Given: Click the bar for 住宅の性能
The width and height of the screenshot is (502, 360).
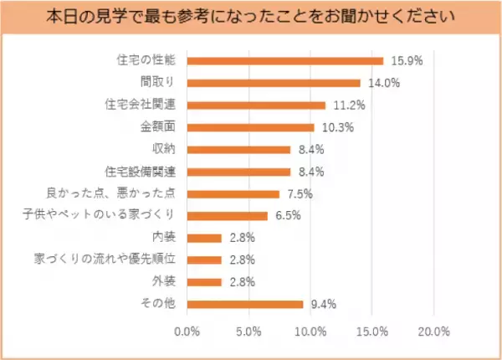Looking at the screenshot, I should [x=284, y=61].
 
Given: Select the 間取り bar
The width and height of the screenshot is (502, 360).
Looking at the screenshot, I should [x=273, y=83].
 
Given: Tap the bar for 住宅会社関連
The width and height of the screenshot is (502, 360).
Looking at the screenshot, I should [x=255, y=105].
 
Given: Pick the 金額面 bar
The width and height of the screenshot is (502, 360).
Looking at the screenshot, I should [x=250, y=127].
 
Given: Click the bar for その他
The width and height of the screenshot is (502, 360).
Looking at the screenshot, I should [x=244, y=304].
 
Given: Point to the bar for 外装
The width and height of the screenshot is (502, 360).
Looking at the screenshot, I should [x=204, y=282].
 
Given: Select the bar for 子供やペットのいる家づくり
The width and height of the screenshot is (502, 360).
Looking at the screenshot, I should [x=227, y=216].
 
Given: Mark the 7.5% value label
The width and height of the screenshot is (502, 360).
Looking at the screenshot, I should [x=297, y=194].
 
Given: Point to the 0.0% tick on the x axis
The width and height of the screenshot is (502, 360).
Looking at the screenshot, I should [x=187, y=332].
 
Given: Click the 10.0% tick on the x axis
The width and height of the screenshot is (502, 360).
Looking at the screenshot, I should [x=310, y=332].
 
